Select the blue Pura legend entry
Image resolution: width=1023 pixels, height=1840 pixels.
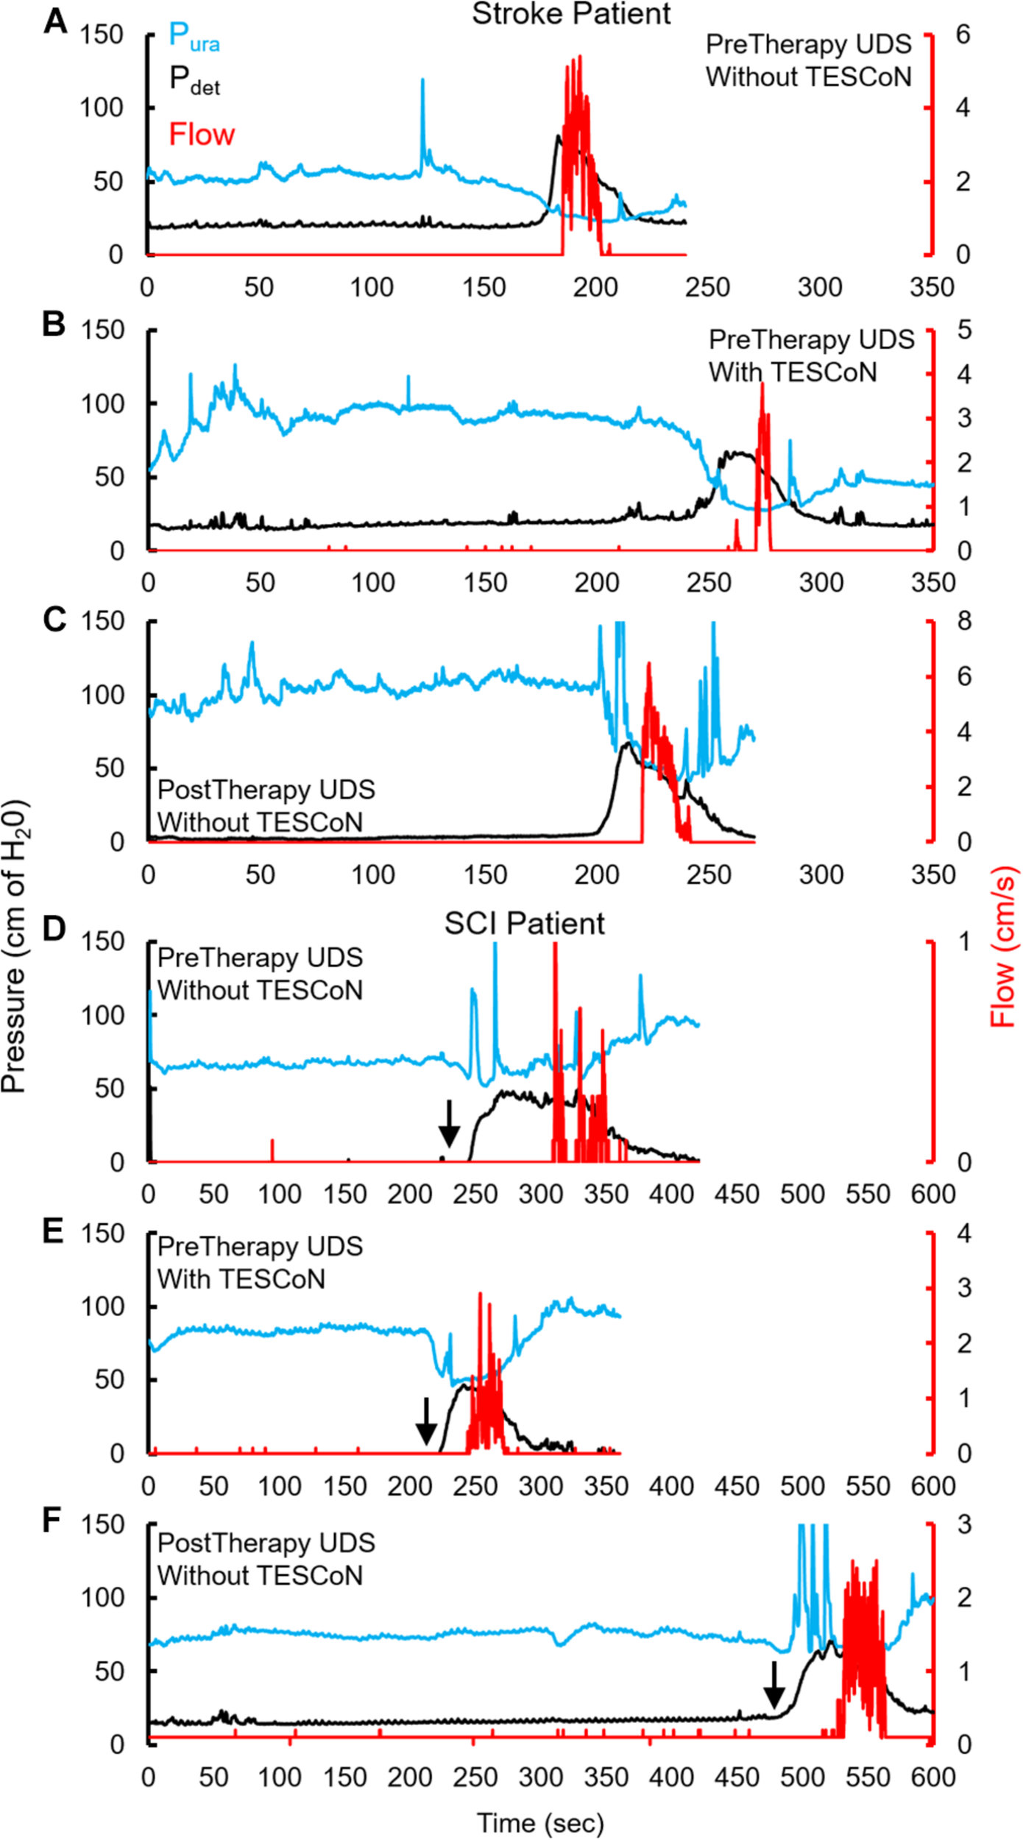click(194, 36)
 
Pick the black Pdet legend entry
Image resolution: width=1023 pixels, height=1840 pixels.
click(194, 79)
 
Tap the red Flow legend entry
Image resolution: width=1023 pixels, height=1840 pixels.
click(201, 135)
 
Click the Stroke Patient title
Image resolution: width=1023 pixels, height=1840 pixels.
click(570, 14)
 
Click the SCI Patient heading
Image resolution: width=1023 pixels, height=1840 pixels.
click(524, 923)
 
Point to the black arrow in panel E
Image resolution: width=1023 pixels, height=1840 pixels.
click(425, 1421)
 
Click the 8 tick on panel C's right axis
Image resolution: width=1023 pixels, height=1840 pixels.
click(963, 621)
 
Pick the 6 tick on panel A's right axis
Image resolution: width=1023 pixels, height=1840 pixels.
click(963, 35)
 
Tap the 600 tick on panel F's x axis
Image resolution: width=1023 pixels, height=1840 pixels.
click(932, 1777)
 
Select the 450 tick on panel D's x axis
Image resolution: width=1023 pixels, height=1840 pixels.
click(736, 1193)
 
